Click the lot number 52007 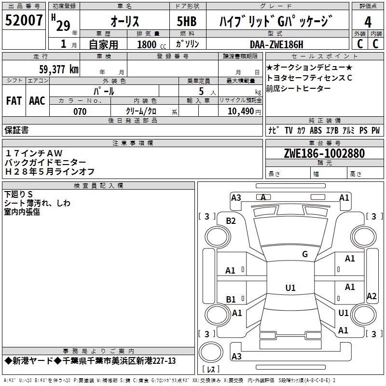24,20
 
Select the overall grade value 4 368,22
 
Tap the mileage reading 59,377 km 59,69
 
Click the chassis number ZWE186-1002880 324,153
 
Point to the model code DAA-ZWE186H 276,44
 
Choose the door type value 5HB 187,21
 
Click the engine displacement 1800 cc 152,45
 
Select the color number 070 80,111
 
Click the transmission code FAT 14,101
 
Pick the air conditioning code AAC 37,101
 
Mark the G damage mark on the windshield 305,254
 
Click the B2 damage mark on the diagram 231,221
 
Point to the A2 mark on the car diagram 372,296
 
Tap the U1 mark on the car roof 290,288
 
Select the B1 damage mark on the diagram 231,299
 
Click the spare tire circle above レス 211,352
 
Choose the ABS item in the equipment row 316,130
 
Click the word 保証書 16,130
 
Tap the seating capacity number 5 201,91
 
